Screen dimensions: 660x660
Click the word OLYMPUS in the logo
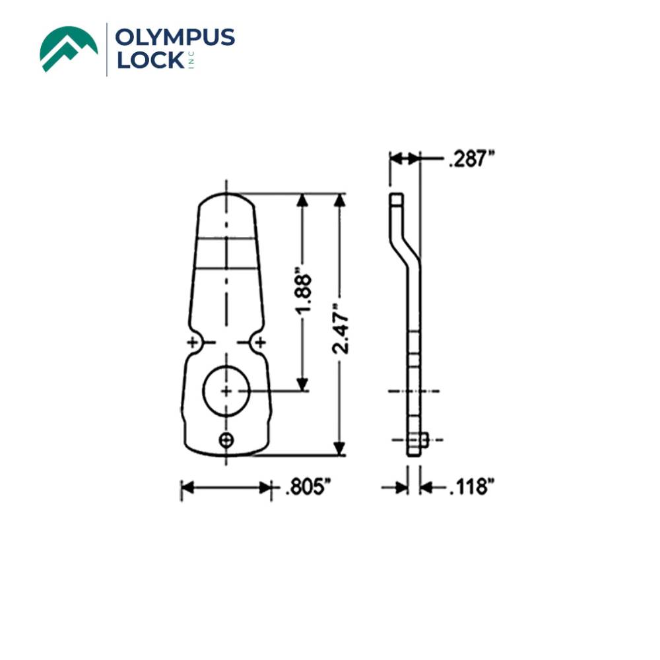coord(174,38)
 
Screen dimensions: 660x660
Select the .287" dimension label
coord(471,159)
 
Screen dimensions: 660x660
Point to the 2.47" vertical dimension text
coord(341,327)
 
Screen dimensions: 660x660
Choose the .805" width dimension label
coord(308,488)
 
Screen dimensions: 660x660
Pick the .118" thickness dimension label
coord(471,488)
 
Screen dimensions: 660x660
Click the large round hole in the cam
coord(226,391)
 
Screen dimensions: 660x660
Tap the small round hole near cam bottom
coord(227,439)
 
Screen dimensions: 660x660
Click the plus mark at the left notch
coord(193,342)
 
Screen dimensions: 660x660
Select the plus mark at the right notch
coord(261,342)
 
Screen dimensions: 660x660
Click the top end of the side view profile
coord(395,197)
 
